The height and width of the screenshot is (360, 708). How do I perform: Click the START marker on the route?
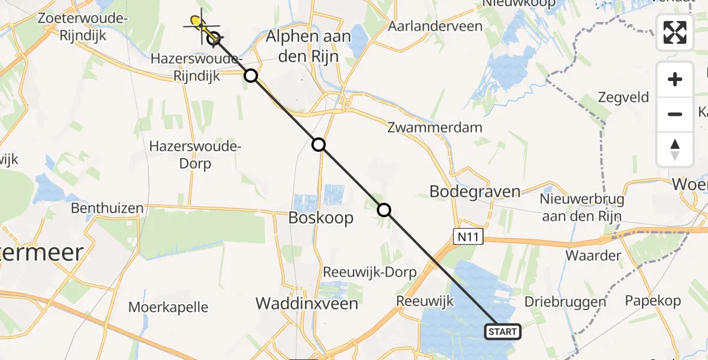[x=503, y=332]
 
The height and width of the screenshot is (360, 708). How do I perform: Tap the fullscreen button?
[x=675, y=32]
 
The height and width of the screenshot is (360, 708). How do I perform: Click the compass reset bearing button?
[x=675, y=149]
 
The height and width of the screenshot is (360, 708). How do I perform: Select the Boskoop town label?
[x=321, y=217]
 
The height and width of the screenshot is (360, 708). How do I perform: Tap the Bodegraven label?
[x=475, y=191]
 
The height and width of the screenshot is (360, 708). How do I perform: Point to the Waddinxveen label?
[x=307, y=304]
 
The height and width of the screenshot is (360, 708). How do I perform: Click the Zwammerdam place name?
[x=435, y=127]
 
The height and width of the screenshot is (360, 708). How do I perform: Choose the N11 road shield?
[x=467, y=238]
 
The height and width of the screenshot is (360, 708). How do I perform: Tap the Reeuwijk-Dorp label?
[x=370, y=272]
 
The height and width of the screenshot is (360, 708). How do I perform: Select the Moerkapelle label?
[x=169, y=308]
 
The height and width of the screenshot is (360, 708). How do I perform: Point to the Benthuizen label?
[x=107, y=209]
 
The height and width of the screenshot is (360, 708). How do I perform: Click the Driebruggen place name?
[x=566, y=301]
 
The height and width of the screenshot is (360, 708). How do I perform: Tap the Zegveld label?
[x=624, y=97]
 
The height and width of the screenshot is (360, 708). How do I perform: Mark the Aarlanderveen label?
[x=435, y=26]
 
